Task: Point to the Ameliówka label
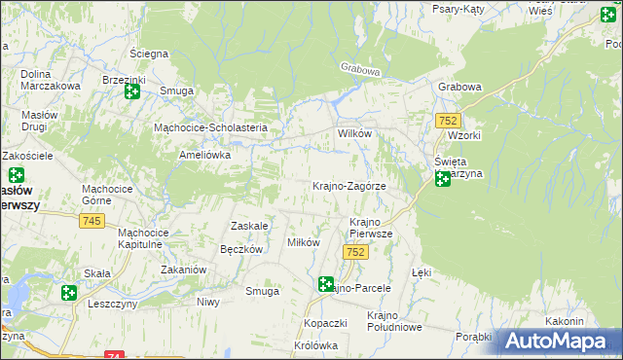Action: pos(203,154)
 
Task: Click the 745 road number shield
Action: pos(92,222)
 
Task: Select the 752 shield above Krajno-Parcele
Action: pos(355,252)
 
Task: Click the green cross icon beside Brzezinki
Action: pos(132,91)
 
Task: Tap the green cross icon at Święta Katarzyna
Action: pos(443,178)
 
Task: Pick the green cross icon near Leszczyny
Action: pos(68,292)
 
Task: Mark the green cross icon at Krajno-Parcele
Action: pos(326,284)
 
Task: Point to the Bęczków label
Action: pos(242,249)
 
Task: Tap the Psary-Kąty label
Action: pos(462,8)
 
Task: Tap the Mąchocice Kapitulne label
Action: pos(143,239)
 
